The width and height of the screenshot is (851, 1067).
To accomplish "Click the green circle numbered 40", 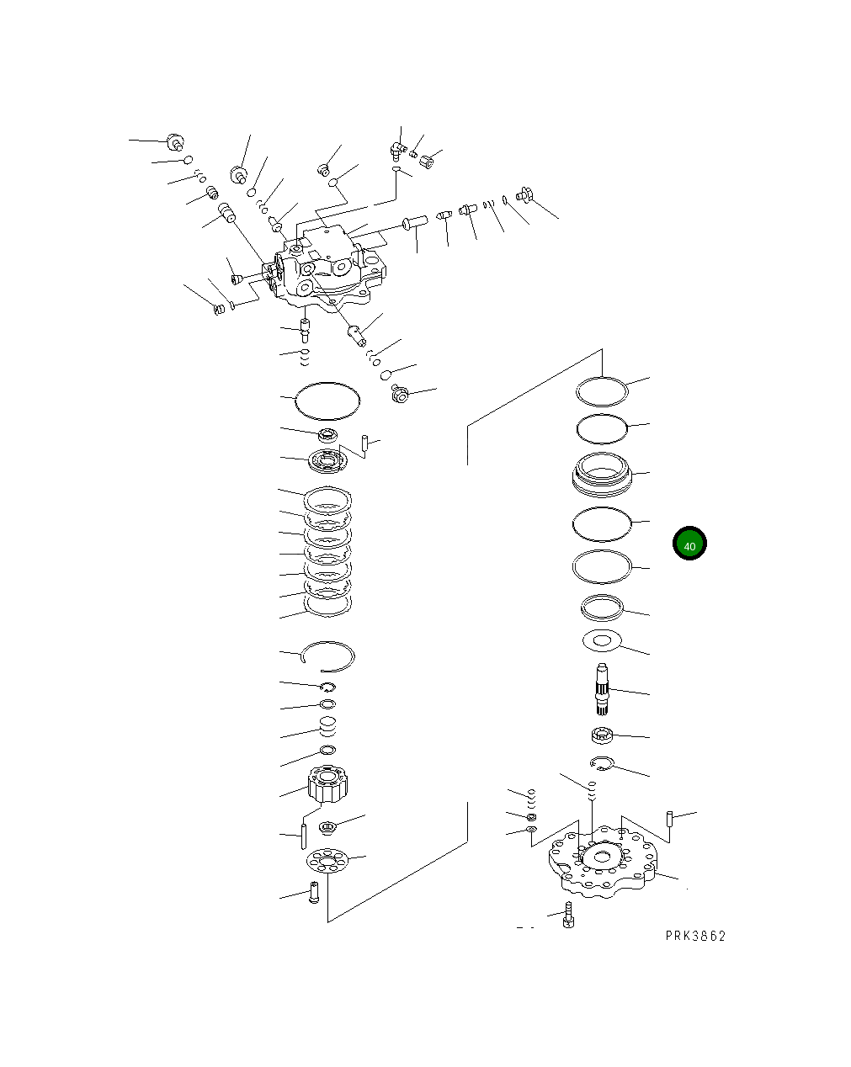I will pos(689,544).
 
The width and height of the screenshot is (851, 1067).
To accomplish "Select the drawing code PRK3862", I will pos(694,936).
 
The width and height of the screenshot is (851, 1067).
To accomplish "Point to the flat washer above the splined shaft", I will pos(601,641).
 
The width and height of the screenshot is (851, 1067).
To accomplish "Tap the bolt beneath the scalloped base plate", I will pos(568,916).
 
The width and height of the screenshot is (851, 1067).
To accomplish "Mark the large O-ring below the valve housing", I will pos(327,400).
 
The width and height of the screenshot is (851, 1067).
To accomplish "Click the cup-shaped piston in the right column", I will pos(601,475).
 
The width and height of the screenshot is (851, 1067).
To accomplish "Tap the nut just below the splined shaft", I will pos(601,735).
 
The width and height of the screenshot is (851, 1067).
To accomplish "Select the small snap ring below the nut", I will pos(602,764).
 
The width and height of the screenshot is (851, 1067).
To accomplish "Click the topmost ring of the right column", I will pos(603,390).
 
